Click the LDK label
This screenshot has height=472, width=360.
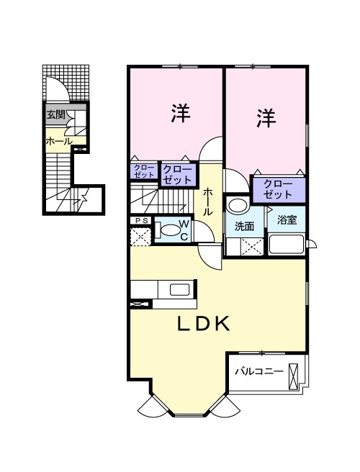[204, 324]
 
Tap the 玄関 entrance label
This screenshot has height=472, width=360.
[56, 114]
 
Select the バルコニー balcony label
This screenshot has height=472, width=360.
[259, 371]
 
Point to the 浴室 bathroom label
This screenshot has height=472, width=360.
[287, 220]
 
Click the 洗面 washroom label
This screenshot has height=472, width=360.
[244, 226]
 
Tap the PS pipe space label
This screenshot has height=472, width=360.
[141, 221]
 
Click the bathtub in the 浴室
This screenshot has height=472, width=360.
[287, 244]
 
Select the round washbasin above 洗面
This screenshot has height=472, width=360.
[238, 205]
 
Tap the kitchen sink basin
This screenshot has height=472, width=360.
[179, 289]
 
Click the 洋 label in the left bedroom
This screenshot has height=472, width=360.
[181, 113]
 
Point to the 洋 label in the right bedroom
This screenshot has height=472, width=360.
[266, 118]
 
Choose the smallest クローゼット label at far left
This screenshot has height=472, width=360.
[144, 171]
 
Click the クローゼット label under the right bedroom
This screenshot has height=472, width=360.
[278, 189]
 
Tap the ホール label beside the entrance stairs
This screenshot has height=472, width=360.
[59, 141]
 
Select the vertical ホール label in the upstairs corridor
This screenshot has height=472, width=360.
[208, 202]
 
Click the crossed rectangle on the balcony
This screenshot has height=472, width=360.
[293, 376]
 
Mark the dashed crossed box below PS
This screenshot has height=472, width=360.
[140, 237]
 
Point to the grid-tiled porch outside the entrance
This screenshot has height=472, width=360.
[66, 83]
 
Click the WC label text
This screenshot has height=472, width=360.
[184, 230]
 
